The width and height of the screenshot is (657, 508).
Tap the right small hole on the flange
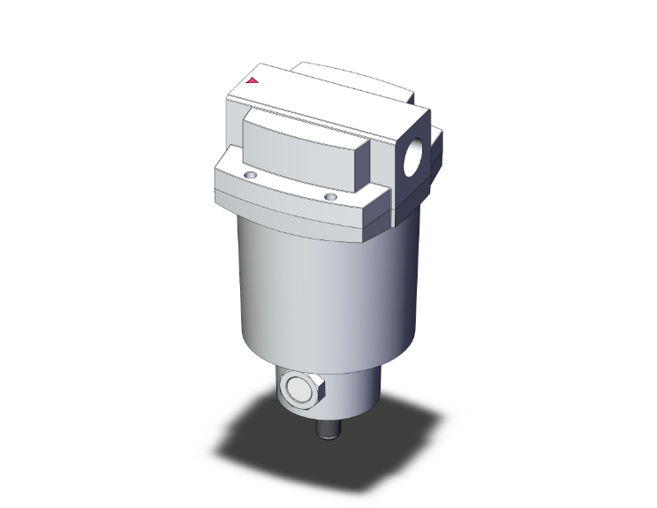point(329,196)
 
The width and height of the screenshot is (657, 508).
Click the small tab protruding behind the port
point(437,146)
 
